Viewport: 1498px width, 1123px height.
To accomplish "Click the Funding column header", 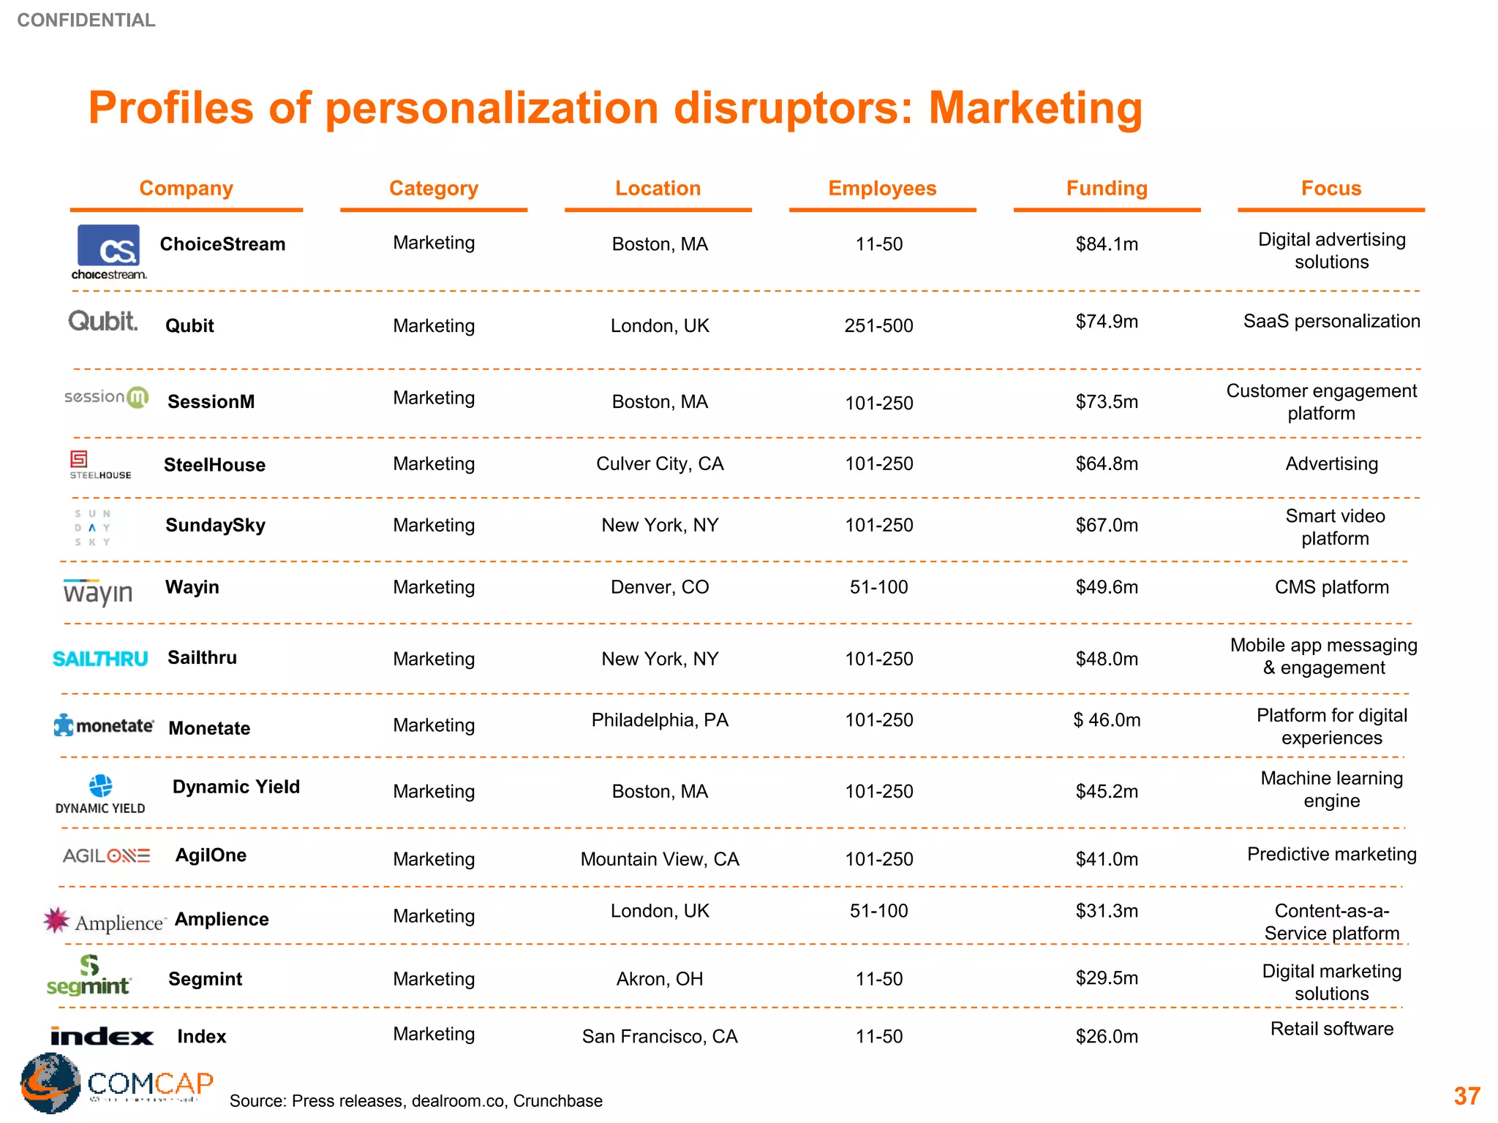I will pyautogui.click(x=1107, y=189).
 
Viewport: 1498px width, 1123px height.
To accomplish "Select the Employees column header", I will pyautogui.click(x=882, y=189).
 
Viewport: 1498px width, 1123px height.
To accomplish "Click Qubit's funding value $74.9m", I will pyautogui.click(x=1107, y=322).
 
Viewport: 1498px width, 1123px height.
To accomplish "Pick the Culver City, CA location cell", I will pyautogui.click(x=660, y=464).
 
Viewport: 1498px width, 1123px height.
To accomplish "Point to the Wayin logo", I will pyautogui.click(x=98, y=591).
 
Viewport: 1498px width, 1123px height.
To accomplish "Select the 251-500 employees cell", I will pyautogui.click(x=878, y=326).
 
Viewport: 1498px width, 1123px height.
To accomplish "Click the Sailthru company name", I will pyautogui.click(x=202, y=658).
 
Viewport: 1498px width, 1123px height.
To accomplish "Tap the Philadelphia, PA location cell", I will pyautogui.click(x=660, y=721).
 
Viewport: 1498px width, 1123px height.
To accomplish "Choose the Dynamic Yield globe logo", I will pyautogui.click(x=100, y=787).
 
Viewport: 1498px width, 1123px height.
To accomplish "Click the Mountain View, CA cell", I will pyautogui.click(x=660, y=859).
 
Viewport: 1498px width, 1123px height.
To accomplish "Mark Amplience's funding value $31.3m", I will pyautogui.click(x=1107, y=911).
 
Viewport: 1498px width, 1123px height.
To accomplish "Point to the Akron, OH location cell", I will pyautogui.click(x=660, y=979).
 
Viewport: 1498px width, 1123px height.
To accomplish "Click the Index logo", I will pyautogui.click(x=102, y=1037).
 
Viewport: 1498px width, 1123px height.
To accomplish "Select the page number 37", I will pyautogui.click(x=1467, y=1096).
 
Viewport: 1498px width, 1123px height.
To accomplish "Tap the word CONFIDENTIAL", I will pyautogui.click(x=86, y=20).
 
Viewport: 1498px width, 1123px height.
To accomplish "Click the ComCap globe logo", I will pyautogui.click(x=50, y=1083).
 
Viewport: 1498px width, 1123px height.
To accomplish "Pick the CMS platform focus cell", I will pyautogui.click(x=1331, y=588).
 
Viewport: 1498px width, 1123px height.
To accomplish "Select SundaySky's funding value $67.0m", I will pyautogui.click(x=1107, y=526).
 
